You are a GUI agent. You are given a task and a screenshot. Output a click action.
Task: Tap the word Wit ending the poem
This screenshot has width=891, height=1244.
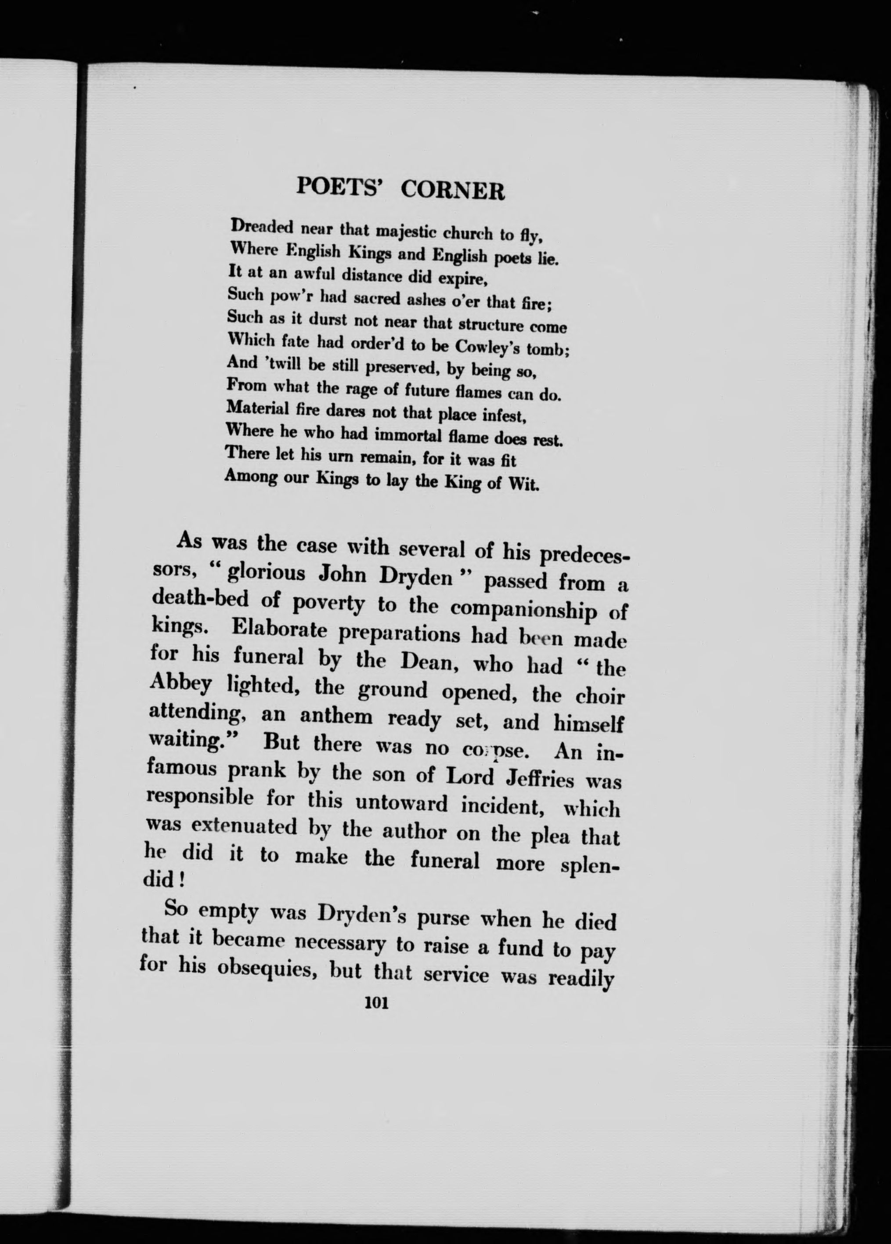[x=525, y=485]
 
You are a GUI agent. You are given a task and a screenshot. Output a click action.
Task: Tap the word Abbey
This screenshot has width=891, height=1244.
[x=179, y=686]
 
